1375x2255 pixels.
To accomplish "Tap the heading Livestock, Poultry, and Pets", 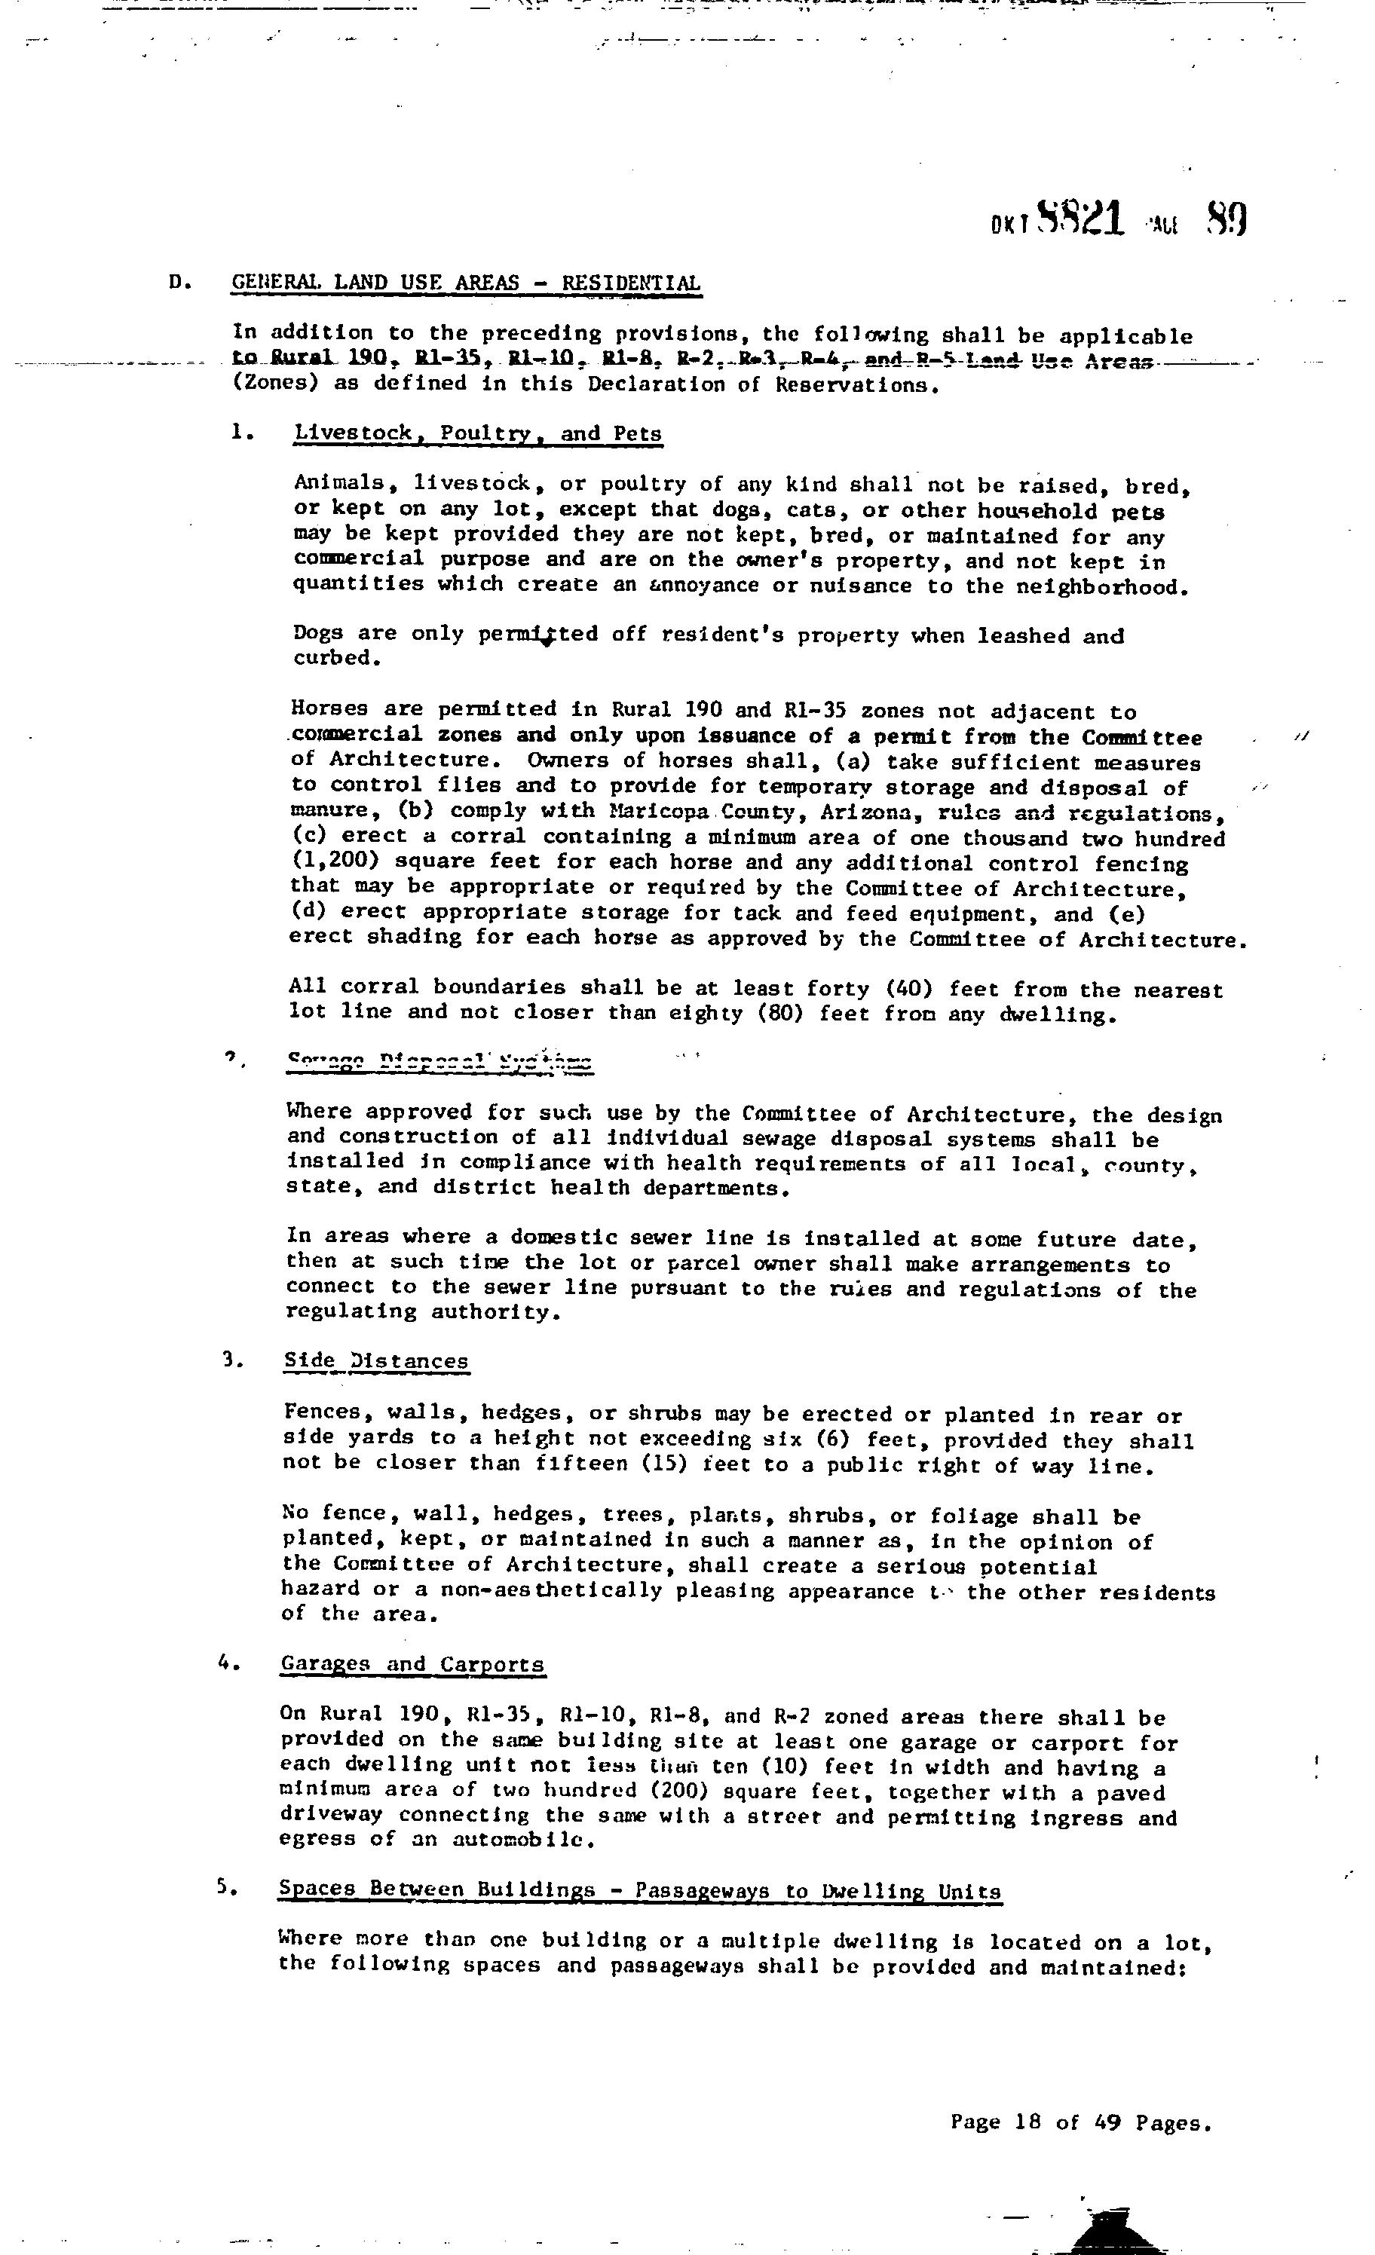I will [x=477, y=434].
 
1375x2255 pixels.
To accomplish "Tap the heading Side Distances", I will [x=375, y=1361].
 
